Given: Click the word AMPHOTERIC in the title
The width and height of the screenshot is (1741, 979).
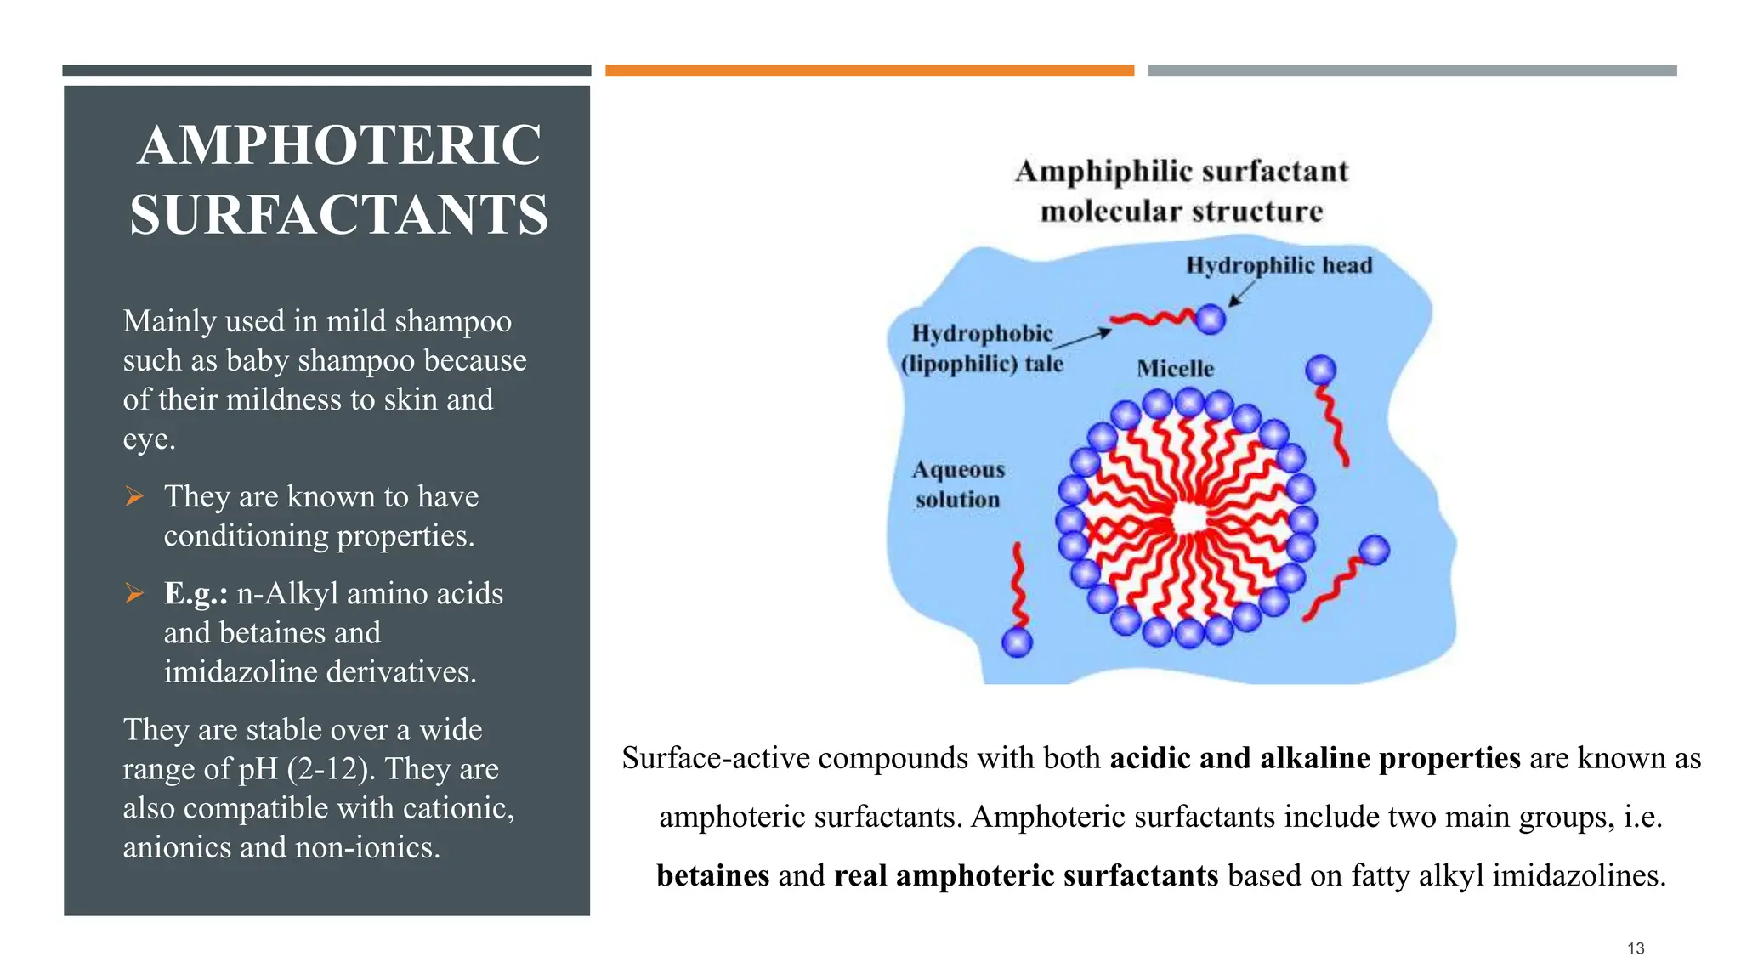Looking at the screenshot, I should pos(339,145).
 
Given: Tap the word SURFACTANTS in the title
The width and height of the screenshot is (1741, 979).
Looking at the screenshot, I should pos(339,214).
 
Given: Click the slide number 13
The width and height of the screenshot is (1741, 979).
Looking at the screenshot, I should pos(1636,948).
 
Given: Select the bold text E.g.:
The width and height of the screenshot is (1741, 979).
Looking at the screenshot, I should pos(196,593).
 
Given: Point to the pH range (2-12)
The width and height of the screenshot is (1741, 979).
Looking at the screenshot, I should pos(331,769).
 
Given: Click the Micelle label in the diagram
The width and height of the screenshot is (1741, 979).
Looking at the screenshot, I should pos(1175,369).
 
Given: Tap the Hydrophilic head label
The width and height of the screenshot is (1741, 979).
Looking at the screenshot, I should pos(1279,266).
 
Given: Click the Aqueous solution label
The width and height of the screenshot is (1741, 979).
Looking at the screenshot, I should pos(958,484).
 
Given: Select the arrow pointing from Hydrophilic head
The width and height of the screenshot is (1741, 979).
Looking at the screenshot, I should pos(1242,294).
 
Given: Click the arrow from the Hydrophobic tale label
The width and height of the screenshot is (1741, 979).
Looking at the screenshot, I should pos(1082,338).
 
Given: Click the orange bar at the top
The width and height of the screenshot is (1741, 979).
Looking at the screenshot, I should pos(870,71).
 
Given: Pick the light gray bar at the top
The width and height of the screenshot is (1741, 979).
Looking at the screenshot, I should pos(1412,71).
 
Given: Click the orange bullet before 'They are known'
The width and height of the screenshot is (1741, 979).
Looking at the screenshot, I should pos(134,496).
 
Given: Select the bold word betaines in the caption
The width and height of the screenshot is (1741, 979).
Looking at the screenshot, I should pos(712,875).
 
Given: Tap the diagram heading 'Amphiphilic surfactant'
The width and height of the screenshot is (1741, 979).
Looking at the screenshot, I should pos(1182,172).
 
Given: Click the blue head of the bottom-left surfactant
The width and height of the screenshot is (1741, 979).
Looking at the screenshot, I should pos(1017,642).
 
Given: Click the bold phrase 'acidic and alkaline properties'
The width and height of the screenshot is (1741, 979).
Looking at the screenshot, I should pos(1315,758).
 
